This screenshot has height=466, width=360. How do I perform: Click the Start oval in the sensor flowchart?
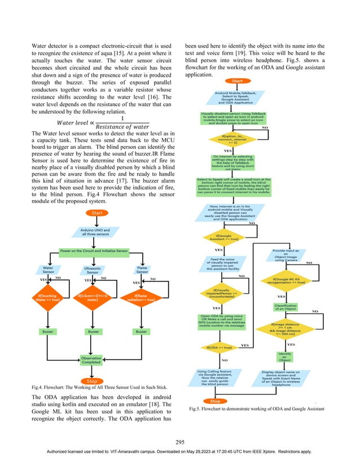[x=93, y=212]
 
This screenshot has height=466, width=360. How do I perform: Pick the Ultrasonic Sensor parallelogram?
[x=93, y=271]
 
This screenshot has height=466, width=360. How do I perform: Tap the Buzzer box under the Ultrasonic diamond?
[x=93, y=332]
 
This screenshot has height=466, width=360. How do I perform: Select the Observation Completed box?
[x=93, y=359]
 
